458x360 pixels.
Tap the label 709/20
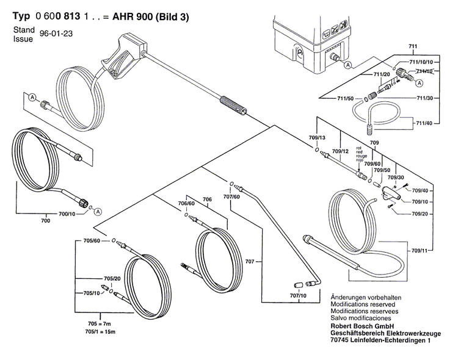click(421, 214)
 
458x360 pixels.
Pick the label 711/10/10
click(421, 62)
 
